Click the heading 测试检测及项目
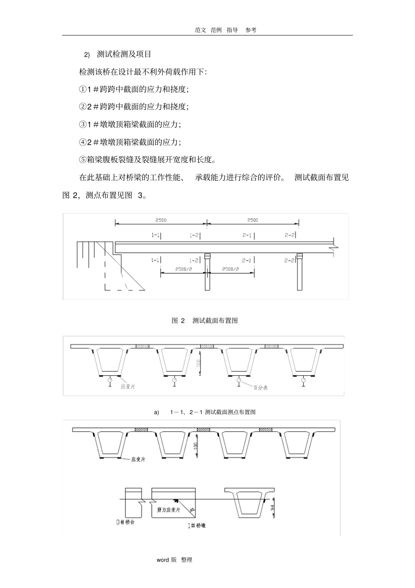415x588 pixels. tap(124, 54)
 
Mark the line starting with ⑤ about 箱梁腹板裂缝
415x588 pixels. tap(147, 159)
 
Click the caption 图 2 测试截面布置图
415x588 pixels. tap(205, 321)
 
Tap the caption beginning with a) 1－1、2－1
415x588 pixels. tap(205, 412)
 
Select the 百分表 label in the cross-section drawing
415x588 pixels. tap(259, 387)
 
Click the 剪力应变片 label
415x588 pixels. tap(169, 510)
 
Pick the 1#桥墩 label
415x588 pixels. tap(197, 526)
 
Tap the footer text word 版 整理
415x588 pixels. tap(174, 560)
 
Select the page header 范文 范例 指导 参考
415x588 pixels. tap(226, 30)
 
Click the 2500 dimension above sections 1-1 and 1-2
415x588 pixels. tap(161, 220)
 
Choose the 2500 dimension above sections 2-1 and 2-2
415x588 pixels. tap(252, 220)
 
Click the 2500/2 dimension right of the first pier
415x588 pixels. tap(231, 269)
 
